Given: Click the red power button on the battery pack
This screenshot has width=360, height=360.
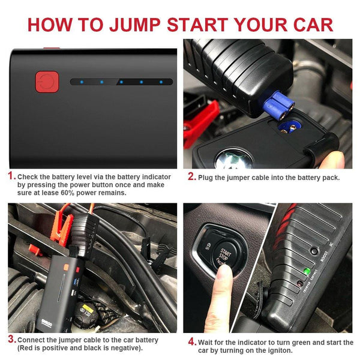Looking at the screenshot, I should click(x=45, y=82).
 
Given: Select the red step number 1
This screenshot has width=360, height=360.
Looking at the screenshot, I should click(x=11, y=176).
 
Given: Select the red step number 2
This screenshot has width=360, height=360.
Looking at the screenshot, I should click(x=191, y=176).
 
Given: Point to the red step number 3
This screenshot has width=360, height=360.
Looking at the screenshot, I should click(x=11, y=340).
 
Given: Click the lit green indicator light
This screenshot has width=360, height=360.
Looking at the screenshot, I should click(x=307, y=271).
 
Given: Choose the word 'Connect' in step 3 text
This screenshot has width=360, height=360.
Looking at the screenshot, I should click(x=31, y=340).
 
